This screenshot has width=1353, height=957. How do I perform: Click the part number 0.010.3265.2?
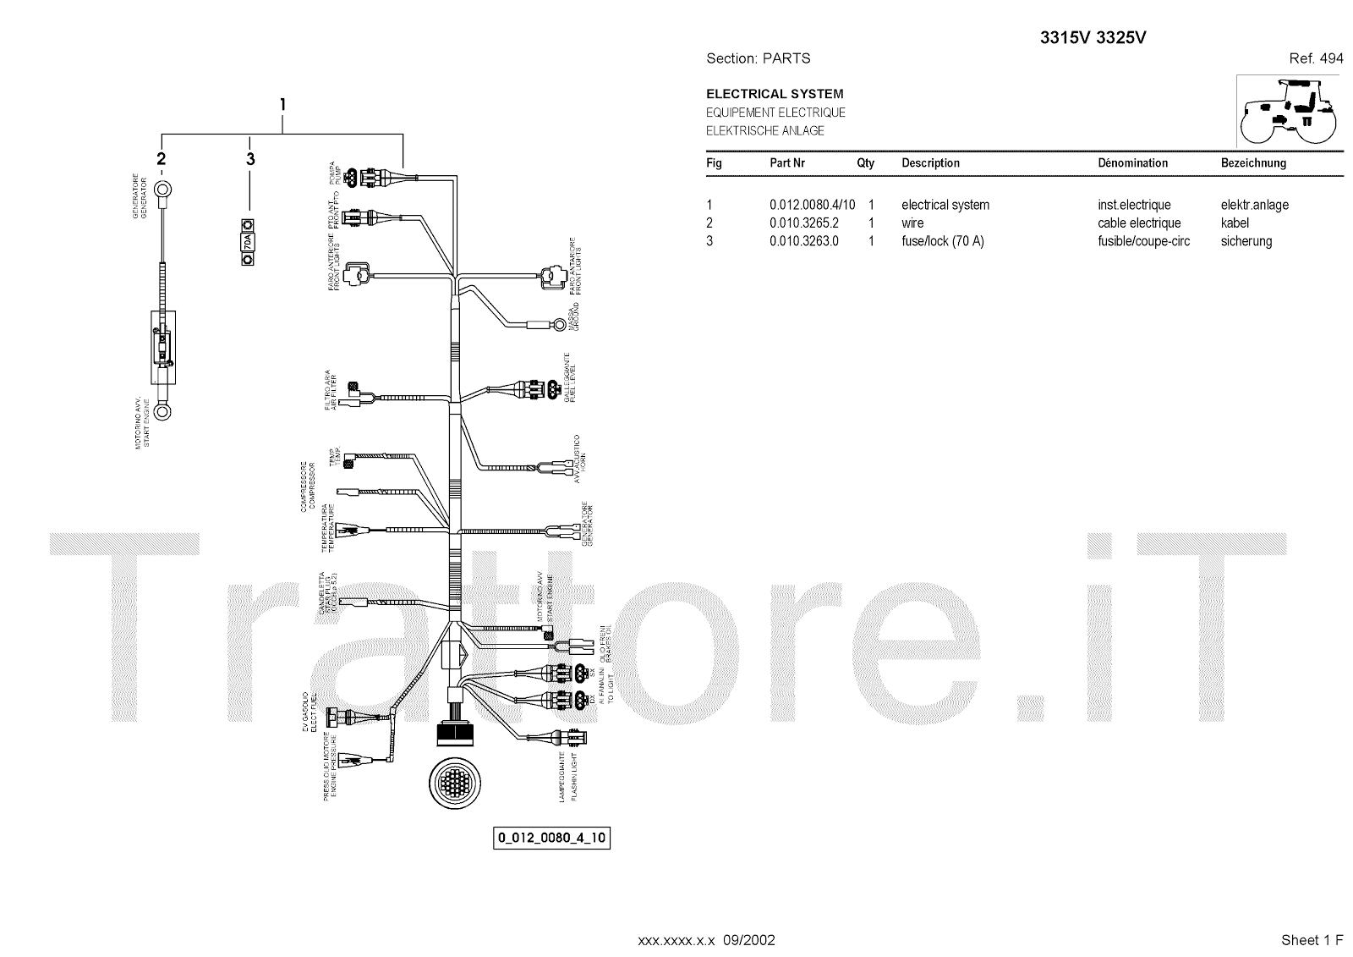tap(803, 223)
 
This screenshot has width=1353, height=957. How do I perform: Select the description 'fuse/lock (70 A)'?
tap(942, 241)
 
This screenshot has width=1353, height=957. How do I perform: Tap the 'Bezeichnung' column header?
tap(1253, 162)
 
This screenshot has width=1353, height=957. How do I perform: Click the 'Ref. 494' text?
tap(1316, 58)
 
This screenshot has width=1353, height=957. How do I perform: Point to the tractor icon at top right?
tap(1288, 112)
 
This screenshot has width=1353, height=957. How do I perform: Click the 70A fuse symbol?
tap(248, 243)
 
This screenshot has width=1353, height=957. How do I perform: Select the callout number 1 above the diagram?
tap(282, 105)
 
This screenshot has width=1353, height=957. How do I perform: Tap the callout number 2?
tap(161, 159)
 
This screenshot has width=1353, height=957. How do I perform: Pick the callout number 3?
tap(250, 159)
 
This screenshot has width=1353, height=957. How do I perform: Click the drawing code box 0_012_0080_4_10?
tap(551, 839)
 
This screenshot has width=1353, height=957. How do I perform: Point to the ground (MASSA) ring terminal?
tap(561, 322)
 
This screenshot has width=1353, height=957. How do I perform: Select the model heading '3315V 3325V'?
tap(1093, 38)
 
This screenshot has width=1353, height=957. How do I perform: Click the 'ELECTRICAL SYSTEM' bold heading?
tap(775, 94)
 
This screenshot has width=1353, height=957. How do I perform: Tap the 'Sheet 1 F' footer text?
tap(1312, 940)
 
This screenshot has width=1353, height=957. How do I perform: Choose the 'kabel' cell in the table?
tap(1235, 223)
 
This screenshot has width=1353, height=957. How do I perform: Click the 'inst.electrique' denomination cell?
tap(1134, 205)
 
